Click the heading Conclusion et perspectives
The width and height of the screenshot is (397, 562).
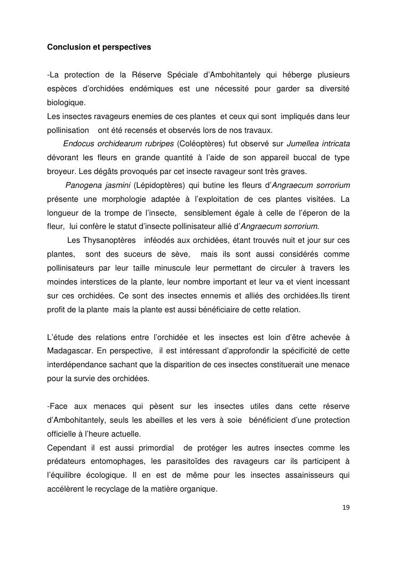click(x=99, y=47)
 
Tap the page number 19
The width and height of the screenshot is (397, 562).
click(x=346, y=507)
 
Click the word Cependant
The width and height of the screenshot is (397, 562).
click(x=68, y=448)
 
